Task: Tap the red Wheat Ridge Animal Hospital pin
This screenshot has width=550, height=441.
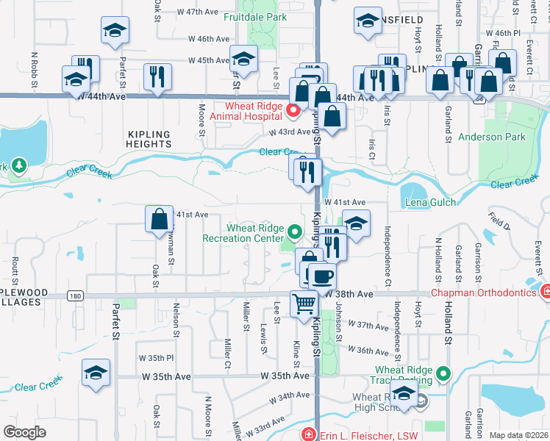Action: click(x=293, y=111)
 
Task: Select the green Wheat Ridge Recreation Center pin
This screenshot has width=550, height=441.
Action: click(x=295, y=233)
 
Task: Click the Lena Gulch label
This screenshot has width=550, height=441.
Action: click(x=430, y=202)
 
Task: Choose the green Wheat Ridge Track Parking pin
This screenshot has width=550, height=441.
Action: click(x=443, y=374)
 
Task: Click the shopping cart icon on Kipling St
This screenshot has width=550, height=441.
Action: click(x=304, y=303)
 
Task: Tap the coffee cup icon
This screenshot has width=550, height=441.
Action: click(x=321, y=276)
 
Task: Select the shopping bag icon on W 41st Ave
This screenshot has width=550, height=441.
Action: click(x=159, y=218)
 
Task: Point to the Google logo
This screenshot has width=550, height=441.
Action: click(x=24, y=432)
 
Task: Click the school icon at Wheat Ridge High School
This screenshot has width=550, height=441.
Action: click(x=403, y=394)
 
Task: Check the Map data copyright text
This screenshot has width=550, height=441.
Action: click(x=518, y=435)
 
